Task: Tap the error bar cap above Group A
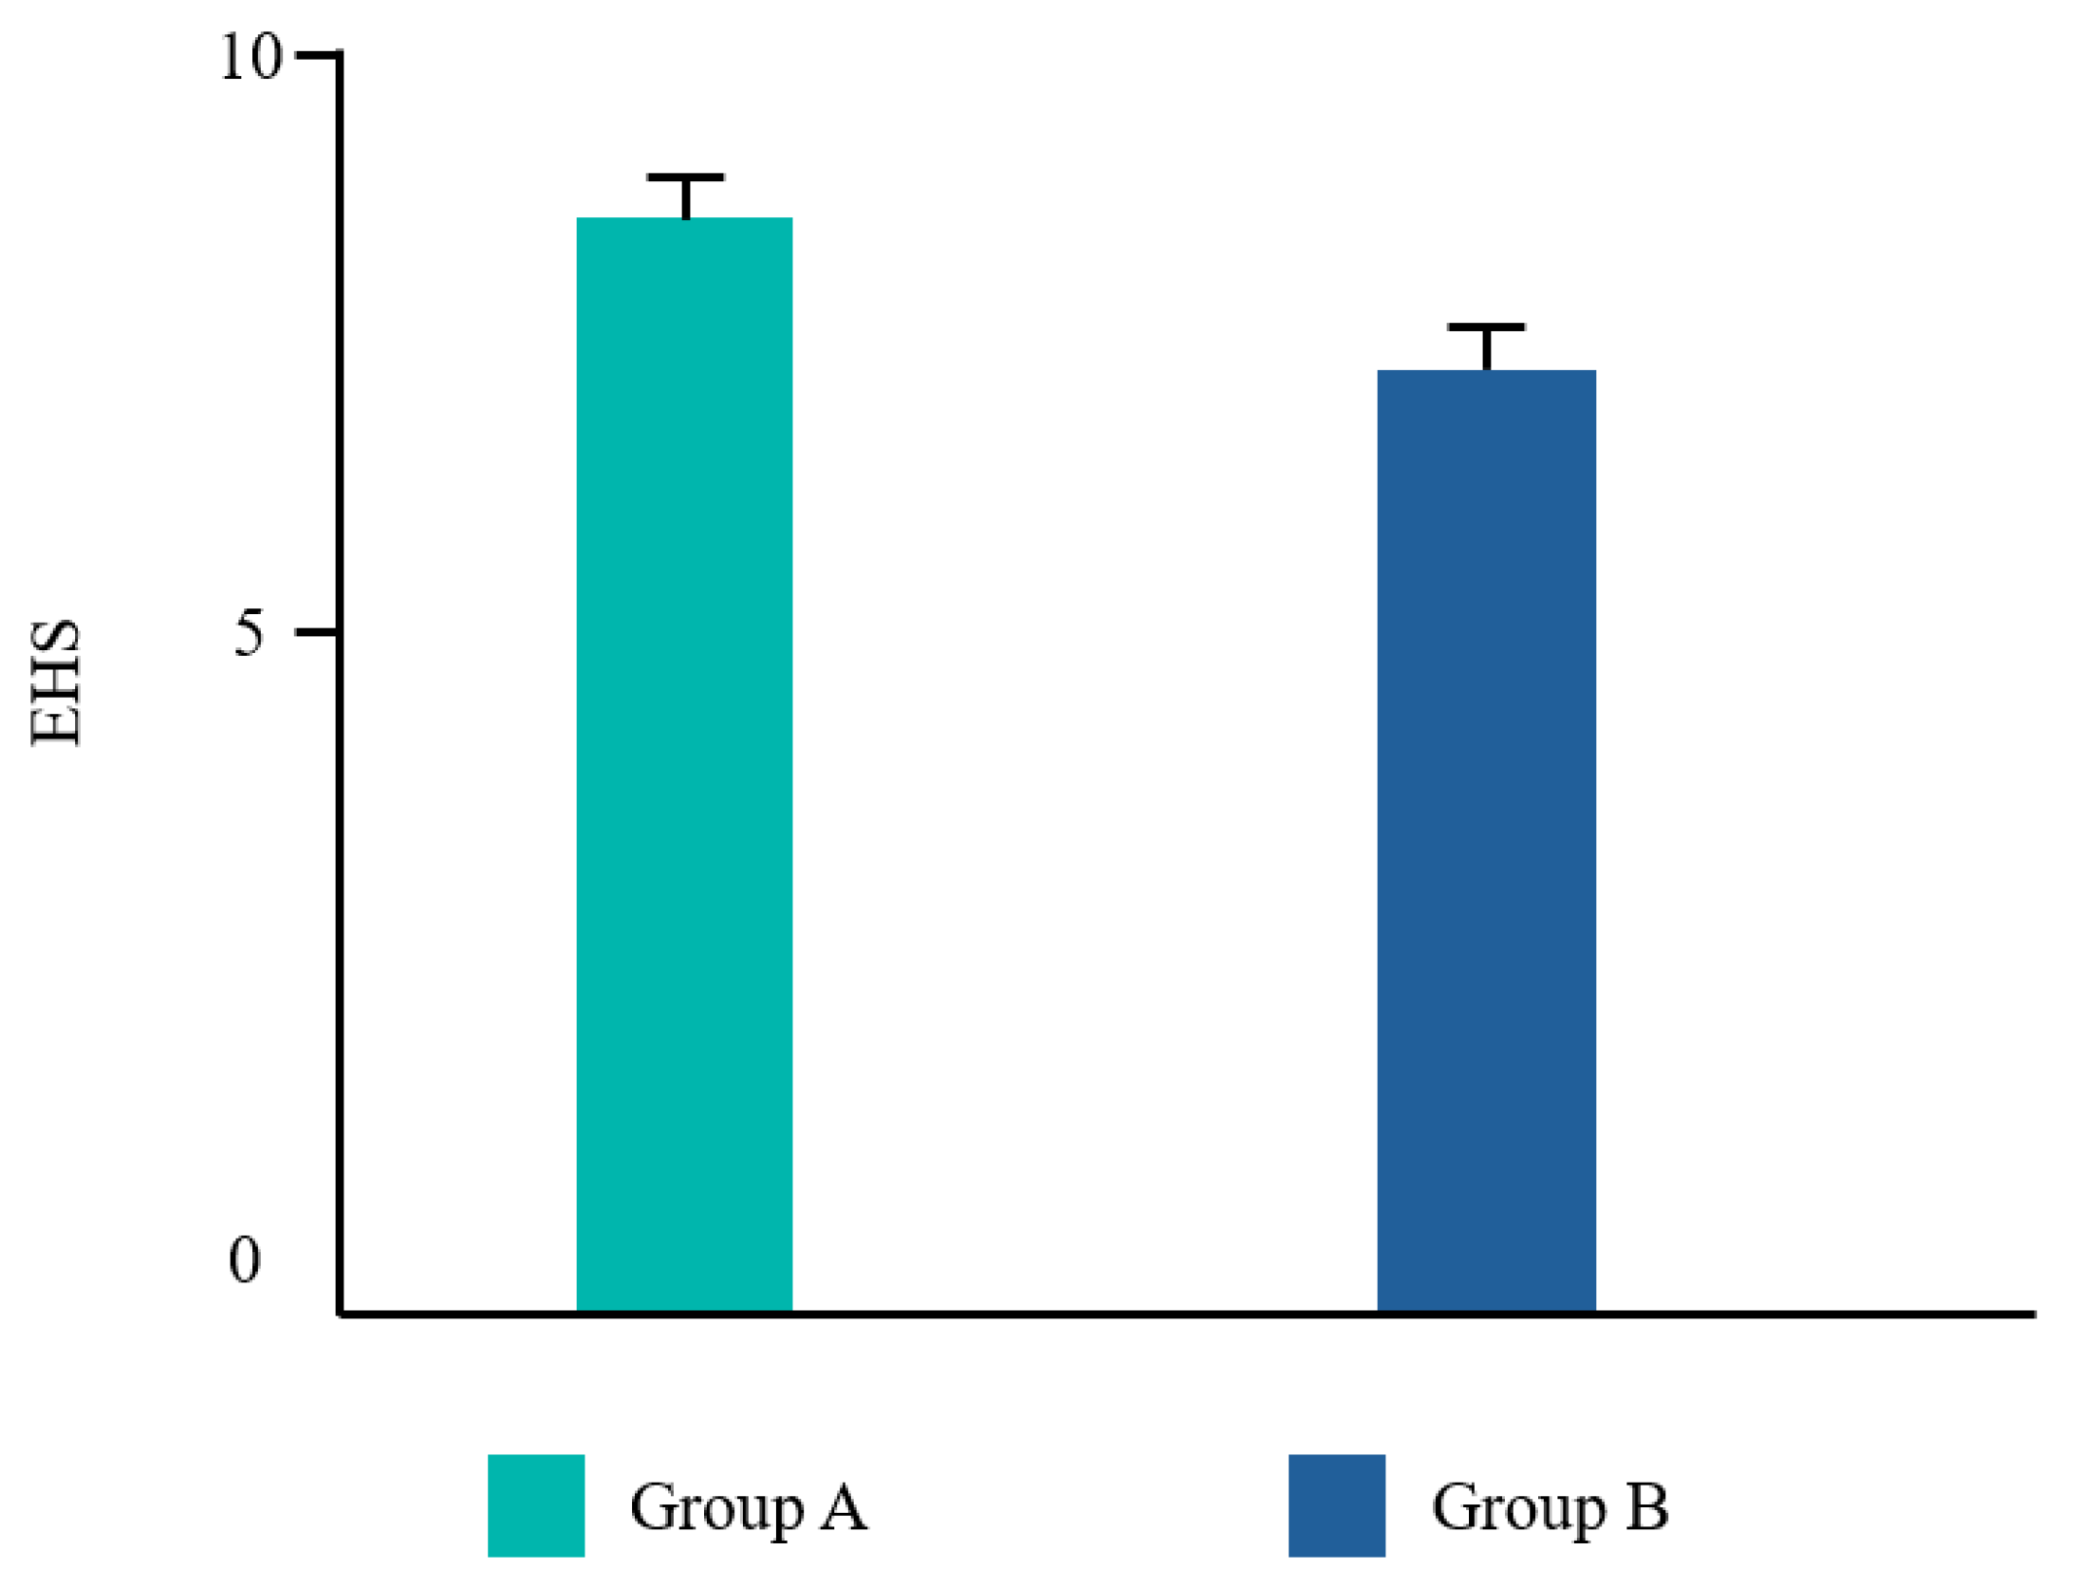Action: [x=685, y=177]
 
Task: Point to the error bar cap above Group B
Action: [x=1486, y=327]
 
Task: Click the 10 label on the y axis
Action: [x=251, y=57]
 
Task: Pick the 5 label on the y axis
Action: [x=249, y=632]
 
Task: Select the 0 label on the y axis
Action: [x=245, y=1261]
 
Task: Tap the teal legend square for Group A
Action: [x=536, y=1505]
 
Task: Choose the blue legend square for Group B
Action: [x=1337, y=1505]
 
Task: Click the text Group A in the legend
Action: [x=749, y=1507]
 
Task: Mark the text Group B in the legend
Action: [x=1550, y=1507]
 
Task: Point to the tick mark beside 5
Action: [x=317, y=631]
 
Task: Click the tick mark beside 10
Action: [x=317, y=55]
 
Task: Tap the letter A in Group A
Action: [x=844, y=1506]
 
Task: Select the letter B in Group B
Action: [x=1647, y=1506]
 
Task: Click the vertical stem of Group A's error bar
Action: [x=685, y=198]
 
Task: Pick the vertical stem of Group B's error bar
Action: [x=1487, y=349]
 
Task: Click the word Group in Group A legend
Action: [x=717, y=1509]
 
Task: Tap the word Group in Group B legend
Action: [x=1519, y=1509]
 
